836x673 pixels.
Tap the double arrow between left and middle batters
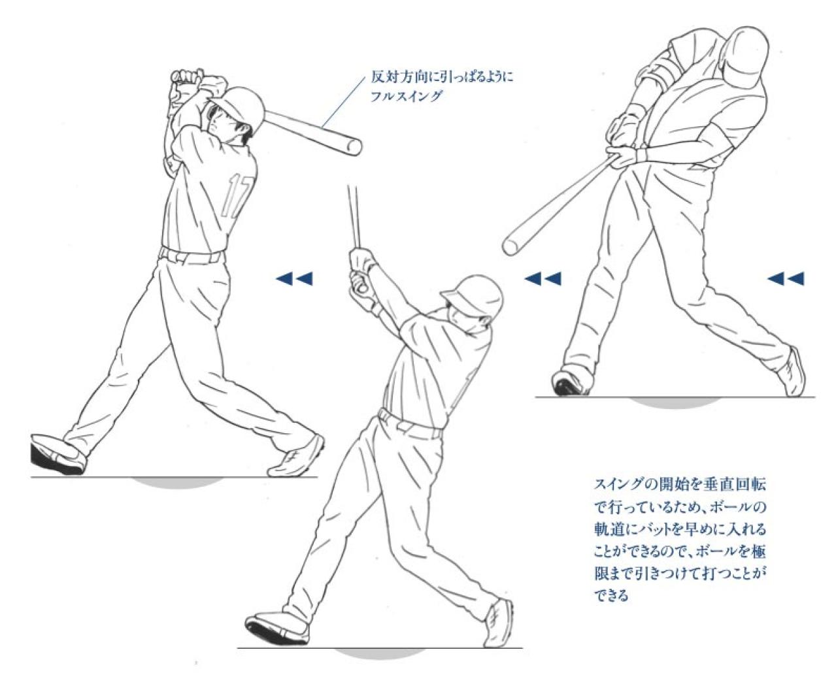point(294,279)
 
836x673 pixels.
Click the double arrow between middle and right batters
point(543,279)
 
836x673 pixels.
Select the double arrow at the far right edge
point(785,279)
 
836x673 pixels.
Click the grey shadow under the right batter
point(673,401)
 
